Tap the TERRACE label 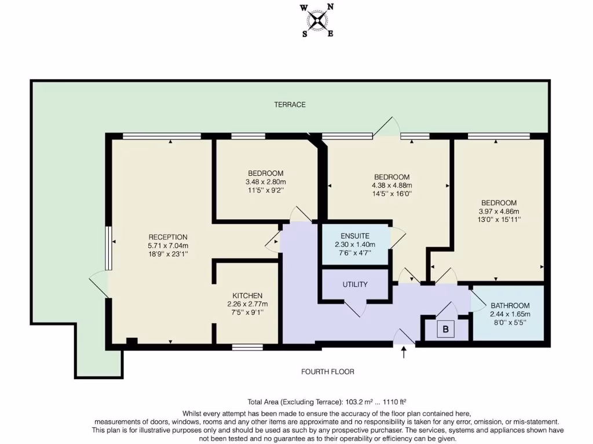click(x=290, y=105)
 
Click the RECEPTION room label click(x=168, y=237)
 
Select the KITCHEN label click(x=247, y=295)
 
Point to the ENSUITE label click(x=355, y=236)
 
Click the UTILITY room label click(x=355, y=285)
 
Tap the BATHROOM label click(x=510, y=306)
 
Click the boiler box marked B click(x=446, y=330)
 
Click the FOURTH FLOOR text click(x=327, y=372)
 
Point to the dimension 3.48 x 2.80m click(x=265, y=182)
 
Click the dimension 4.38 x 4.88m click(x=391, y=186)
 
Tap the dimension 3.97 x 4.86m click(x=499, y=211)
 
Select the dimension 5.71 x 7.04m click(x=168, y=245)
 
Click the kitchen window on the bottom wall click(x=247, y=347)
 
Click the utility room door click(x=354, y=308)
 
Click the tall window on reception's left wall click(x=108, y=247)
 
